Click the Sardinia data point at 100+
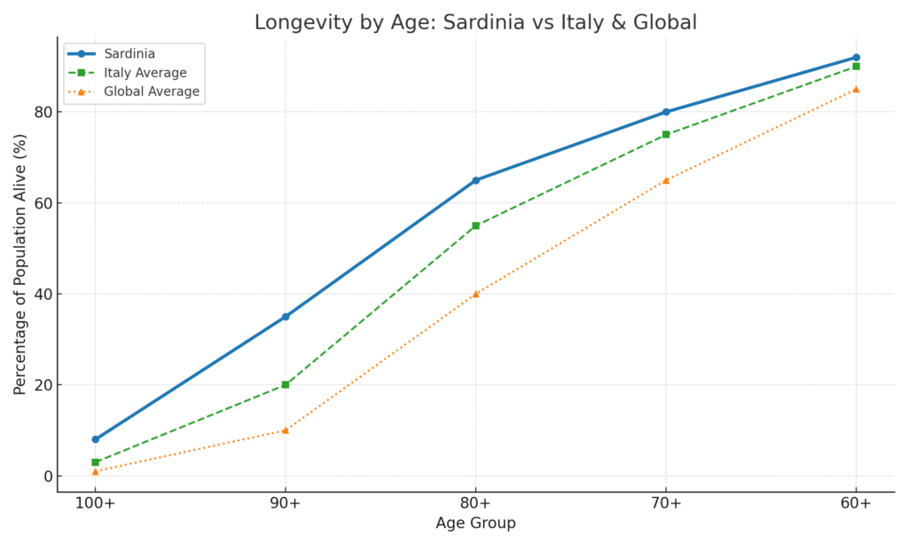point(96,439)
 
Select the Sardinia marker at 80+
point(476,180)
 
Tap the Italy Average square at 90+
point(286,384)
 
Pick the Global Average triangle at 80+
point(476,294)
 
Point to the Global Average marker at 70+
point(666,180)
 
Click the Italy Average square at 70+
point(666,135)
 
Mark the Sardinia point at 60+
point(856,58)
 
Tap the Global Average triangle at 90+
point(286,430)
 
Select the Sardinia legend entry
point(129,54)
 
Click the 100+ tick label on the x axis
point(96,503)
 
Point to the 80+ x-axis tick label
point(476,503)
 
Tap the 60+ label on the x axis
point(856,503)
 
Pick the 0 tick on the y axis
point(46,476)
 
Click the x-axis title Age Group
point(475,524)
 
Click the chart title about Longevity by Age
point(475,22)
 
